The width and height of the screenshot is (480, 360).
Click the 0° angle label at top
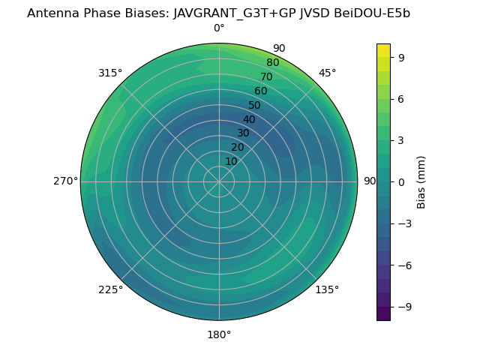pos(219,28)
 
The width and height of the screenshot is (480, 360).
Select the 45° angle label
pos(328,73)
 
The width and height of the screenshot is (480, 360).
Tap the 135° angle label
pos(327,289)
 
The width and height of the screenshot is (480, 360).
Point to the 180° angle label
pos(219,334)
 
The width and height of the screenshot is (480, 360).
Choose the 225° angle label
pos(110,289)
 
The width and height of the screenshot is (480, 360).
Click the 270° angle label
pos(65,181)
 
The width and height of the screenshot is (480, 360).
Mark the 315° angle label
pos(110,73)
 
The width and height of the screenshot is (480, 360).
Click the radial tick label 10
pos(231,161)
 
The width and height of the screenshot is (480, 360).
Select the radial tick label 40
pos(249,119)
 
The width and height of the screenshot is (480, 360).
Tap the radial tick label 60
pos(261,91)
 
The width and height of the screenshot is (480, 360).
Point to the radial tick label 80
pos(272,63)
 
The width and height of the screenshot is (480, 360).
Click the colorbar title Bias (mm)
pos(421,181)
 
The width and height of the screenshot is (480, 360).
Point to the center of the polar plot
pos(219,181)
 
